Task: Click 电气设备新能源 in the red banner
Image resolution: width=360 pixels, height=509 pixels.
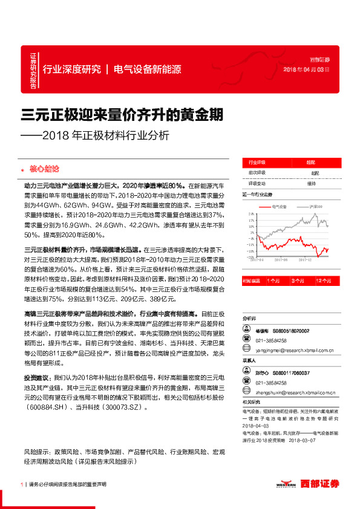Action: (x=147, y=70)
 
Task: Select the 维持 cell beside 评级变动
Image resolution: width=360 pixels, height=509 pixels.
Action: (x=311, y=183)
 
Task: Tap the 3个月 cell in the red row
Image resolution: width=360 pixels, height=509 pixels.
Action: (x=298, y=280)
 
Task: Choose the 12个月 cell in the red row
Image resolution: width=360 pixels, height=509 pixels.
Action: (x=322, y=280)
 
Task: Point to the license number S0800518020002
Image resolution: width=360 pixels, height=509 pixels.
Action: (x=292, y=331)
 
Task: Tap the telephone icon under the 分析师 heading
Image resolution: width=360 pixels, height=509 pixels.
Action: (x=246, y=340)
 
